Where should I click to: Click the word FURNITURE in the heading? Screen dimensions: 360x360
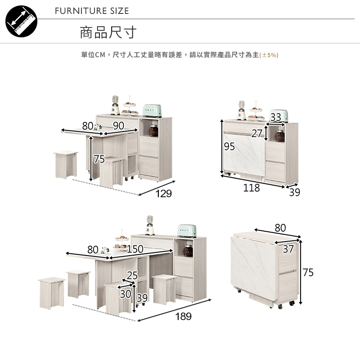pos(74,11)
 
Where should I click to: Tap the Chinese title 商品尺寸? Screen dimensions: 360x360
pos(108,32)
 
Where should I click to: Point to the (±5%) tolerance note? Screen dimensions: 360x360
pos(270,55)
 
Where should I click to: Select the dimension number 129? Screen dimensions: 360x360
pos(163,193)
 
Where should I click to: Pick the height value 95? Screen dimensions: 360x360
pos(229,147)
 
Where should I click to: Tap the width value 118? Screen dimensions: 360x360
pos(251,188)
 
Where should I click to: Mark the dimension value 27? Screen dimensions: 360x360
pos(257,133)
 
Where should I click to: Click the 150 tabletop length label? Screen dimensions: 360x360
pos(135,249)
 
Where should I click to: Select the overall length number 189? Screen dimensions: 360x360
pos(183,316)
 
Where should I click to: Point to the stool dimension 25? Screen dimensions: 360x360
pos(132,275)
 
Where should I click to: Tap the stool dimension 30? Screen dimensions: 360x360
pos(125,294)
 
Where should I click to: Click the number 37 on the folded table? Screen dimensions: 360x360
pos(288,249)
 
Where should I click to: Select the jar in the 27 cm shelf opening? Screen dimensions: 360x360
pos(279,135)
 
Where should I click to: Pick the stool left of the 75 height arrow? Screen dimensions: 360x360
pos(66,164)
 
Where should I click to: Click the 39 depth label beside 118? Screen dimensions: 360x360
pos(295,193)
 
